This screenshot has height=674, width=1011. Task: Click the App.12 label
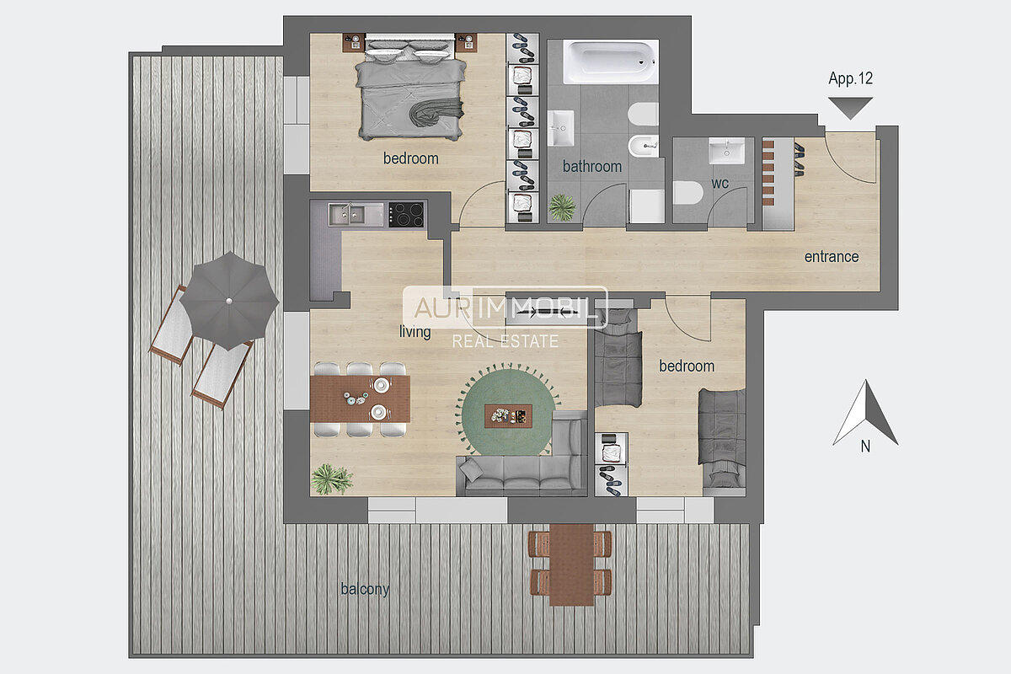coord(850,78)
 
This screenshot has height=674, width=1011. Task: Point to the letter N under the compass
coord(865,447)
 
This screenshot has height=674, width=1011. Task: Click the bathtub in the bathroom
coord(611,62)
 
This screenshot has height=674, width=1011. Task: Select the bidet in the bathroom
coord(644,146)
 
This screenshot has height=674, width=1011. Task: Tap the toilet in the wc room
coord(687,192)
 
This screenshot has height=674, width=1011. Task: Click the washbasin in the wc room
coord(726,151)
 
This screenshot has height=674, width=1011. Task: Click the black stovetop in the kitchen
coord(406,214)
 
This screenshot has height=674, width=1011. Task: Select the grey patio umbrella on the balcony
coord(229,301)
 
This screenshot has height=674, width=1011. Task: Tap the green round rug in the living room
coord(508,411)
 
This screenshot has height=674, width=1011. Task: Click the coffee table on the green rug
coord(508,416)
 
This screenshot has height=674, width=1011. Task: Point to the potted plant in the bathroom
coord(562,207)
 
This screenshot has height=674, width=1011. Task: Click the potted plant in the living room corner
coord(332,479)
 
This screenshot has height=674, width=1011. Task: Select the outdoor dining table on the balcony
coord(571,564)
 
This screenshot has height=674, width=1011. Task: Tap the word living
coord(415,332)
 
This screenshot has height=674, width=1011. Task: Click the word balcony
coord(365,589)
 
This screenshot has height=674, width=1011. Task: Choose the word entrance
coord(832,256)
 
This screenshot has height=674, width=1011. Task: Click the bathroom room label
coord(592,166)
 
